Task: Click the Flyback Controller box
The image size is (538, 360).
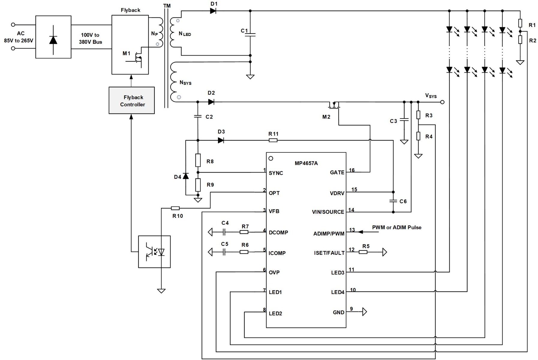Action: [x=132, y=100]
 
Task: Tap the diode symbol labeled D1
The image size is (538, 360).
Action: [x=213, y=11]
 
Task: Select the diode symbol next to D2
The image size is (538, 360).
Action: [x=211, y=102]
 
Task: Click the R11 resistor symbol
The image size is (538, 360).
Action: [x=273, y=140]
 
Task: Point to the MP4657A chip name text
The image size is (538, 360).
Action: [x=306, y=163]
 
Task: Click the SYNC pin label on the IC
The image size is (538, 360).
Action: [x=276, y=173]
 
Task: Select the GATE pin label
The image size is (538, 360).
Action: [x=337, y=172]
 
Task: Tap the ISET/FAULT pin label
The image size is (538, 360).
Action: [x=329, y=253]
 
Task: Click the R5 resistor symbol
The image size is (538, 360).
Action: [x=363, y=252]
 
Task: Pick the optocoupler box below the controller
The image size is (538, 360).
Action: [x=154, y=252]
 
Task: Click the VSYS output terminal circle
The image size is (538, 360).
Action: [x=442, y=102]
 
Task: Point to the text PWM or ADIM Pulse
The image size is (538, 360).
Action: [x=396, y=227]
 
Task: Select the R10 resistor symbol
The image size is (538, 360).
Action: [x=175, y=208]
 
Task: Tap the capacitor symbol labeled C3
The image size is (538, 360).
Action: [x=404, y=120]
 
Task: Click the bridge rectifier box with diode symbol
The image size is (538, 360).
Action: [x=53, y=37]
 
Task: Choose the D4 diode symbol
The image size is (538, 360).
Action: [x=186, y=176]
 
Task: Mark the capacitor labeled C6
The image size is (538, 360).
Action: [x=393, y=201]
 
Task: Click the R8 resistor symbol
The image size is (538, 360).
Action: [x=198, y=160]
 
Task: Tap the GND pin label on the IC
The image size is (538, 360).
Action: [x=338, y=312]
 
